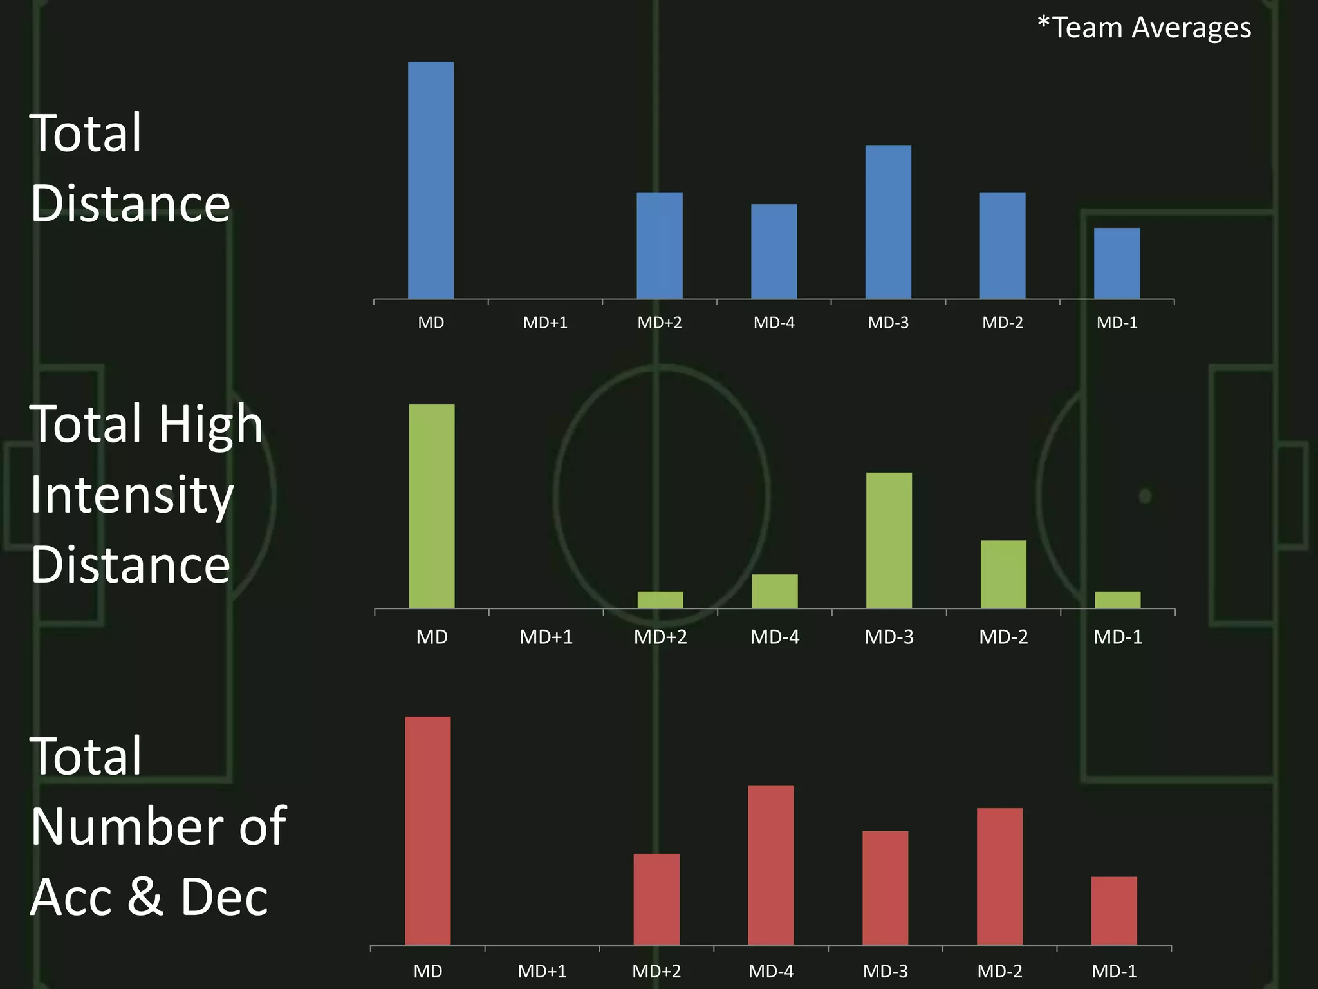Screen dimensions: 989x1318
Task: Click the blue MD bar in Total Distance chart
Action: point(431,180)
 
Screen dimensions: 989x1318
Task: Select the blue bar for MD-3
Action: point(888,222)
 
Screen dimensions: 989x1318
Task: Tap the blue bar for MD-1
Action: point(1117,263)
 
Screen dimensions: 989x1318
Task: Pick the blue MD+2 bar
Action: point(660,245)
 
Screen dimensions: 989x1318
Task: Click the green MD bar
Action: point(432,506)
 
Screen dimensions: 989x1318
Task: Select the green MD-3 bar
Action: point(889,540)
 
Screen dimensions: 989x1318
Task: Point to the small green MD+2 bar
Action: point(660,599)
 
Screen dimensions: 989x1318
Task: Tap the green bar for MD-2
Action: point(1003,574)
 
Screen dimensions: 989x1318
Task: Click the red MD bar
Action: point(428,831)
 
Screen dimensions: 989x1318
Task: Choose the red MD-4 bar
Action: point(771,865)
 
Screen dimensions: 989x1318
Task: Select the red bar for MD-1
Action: point(1114,910)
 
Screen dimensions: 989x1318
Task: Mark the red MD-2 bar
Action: point(999,876)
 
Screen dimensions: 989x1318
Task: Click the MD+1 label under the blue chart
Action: point(545,323)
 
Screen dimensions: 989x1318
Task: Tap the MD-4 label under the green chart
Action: point(775,637)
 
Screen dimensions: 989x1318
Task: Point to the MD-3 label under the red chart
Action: point(885,971)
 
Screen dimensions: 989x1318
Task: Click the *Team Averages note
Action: point(1144,28)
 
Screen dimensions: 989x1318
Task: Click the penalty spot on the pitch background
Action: point(1145,496)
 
